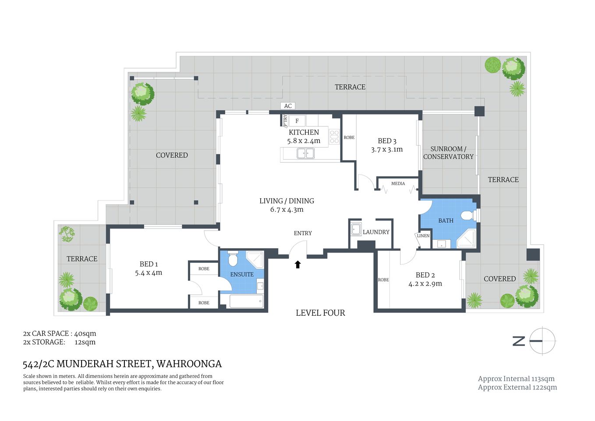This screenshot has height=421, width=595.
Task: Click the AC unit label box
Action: (x=287, y=106)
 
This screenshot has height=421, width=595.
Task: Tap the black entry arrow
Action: (x=297, y=264)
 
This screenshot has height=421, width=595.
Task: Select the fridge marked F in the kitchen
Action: (x=297, y=121)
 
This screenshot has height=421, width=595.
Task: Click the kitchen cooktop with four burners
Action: (x=334, y=137)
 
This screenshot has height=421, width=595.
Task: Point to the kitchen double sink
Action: (x=305, y=153)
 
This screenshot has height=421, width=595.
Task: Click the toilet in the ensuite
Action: (x=233, y=259)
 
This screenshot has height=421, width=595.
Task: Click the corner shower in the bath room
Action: (x=467, y=239)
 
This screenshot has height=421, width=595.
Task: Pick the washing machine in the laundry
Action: (x=356, y=229)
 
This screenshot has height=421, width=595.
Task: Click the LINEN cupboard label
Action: (x=423, y=236)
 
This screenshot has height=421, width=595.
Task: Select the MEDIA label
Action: (x=398, y=183)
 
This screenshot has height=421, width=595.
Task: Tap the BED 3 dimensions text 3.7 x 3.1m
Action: (x=386, y=150)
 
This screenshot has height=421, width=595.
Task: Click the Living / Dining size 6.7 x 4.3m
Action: (x=287, y=210)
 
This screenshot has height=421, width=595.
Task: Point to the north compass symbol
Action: (x=542, y=341)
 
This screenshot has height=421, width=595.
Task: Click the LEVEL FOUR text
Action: (x=320, y=313)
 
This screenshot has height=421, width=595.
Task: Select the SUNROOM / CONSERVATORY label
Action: (x=448, y=153)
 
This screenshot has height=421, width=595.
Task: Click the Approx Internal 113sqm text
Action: (x=516, y=378)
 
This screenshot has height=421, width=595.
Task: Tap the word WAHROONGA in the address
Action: (x=189, y=364)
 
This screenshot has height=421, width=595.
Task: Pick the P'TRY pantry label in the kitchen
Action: (x=285, y=120)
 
